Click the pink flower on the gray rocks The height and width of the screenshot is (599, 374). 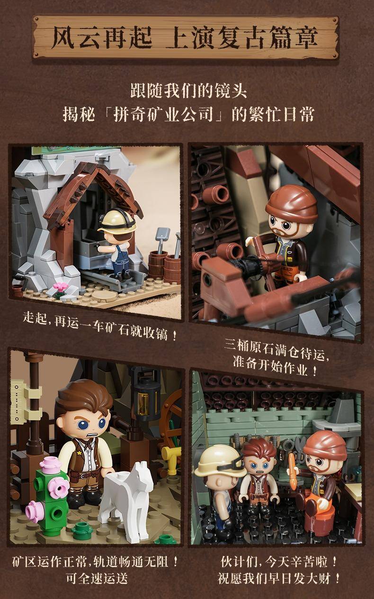pyautogui.click(x=61, y=287)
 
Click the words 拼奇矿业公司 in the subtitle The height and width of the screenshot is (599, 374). pyautogui.click(x=163, y=114)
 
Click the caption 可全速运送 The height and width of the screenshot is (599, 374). pyautogui.click(x=97, y=579)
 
